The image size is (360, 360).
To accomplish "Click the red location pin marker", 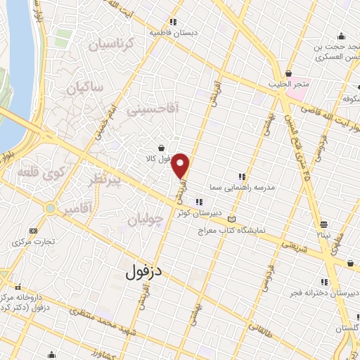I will (x=181, y=165).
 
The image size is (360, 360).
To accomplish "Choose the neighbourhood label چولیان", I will (x=146, y=220).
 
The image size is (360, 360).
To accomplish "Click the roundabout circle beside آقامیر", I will (x=50, y=209).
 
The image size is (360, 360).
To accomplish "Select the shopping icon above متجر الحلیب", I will (x=288, y=73).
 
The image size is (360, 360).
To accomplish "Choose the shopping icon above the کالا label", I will (x=163, y=148).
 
